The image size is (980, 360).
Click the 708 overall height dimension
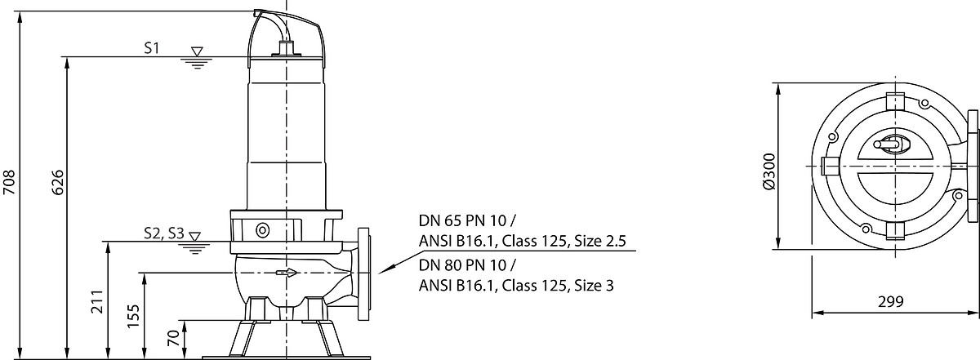tap(9, 182)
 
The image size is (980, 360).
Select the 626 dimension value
tap(58, 182)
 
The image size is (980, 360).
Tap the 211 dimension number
tap(97, 301)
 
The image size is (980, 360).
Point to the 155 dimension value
tap(133, 316)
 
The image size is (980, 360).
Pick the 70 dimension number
tap(173, 338)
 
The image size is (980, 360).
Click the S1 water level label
tap(152, 48)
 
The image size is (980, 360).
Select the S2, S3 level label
tap(164, 233)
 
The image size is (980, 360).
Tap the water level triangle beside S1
tap(198, 51)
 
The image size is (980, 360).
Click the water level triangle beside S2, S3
tap(194, 237)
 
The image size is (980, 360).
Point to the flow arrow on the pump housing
tap(287, 273)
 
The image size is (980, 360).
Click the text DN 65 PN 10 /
tap(468, 220)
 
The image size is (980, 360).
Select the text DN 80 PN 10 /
tap(468, 265)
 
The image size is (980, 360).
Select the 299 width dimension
tap(891, 301)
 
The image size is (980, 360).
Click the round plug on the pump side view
tap(262, 230)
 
